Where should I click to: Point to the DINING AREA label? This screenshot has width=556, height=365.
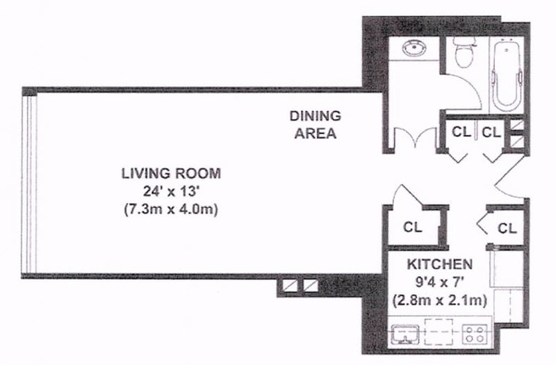(x=315, y=124)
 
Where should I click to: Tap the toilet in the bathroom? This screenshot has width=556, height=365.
(x=461, y=51)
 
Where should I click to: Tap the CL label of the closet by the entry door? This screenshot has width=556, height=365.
(x=507, y=227)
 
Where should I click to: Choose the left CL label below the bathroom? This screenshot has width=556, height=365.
(x=461, y=131)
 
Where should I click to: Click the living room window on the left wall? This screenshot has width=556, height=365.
(x=30, y=185)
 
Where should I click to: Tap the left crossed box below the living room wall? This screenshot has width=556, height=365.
(x=290, y=285)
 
